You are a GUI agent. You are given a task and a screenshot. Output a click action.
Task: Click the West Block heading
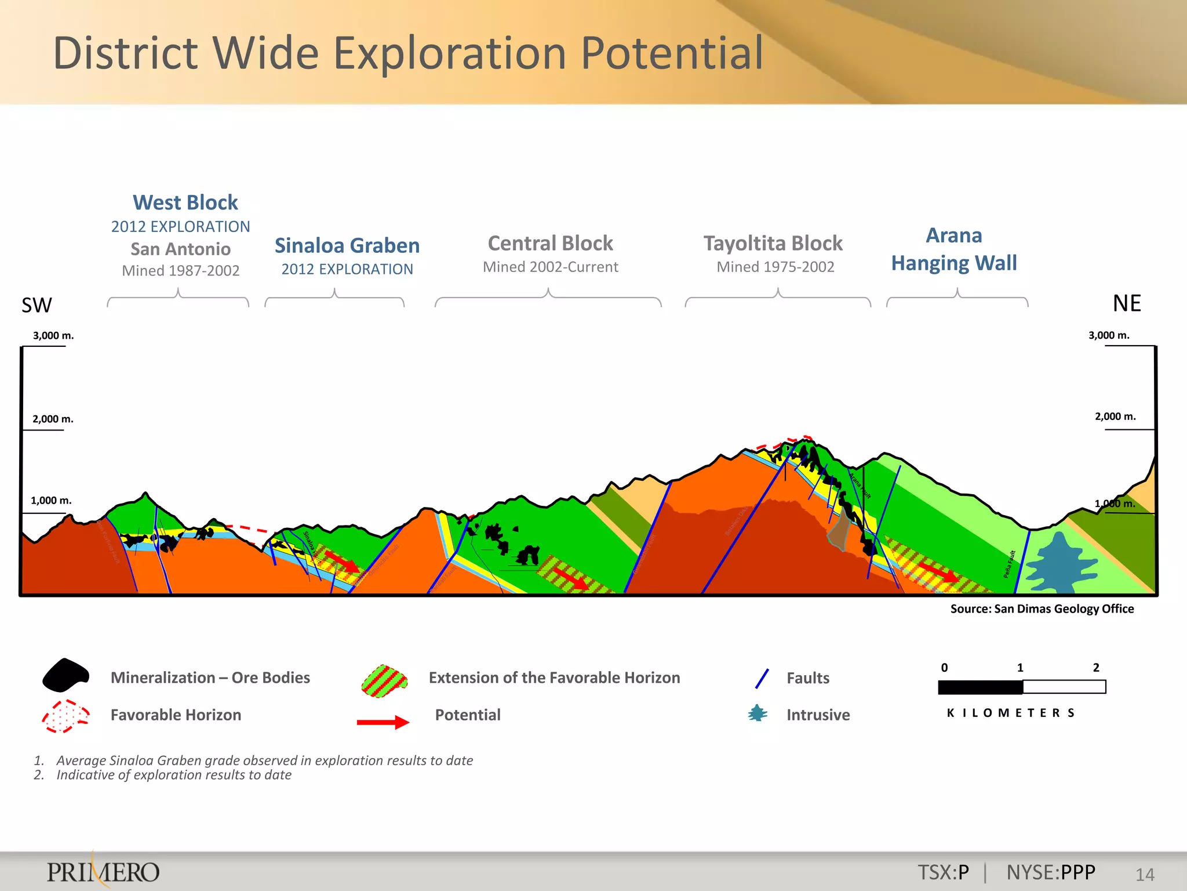185,202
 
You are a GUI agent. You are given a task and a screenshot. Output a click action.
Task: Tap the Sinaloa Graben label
347,245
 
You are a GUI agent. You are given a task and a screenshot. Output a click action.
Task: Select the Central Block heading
550,243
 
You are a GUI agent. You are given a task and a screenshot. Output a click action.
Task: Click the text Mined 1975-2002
775,267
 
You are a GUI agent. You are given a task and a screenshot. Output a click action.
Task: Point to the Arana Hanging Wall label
954,249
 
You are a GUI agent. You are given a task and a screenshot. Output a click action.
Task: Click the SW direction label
37,305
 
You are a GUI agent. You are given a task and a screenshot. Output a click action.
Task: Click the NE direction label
1126,303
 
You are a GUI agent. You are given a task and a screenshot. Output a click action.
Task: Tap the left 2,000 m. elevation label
53,419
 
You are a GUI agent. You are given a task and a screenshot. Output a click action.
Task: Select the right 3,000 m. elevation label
1108,335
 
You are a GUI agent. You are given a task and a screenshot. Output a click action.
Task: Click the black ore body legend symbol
66,675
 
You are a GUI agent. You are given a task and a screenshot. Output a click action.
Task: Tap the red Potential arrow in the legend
383,722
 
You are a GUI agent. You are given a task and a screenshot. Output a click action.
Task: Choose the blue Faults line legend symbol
762,679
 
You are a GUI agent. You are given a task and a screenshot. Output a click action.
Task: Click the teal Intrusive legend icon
758,713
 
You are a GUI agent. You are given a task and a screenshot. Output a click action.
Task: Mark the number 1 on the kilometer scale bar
1020,668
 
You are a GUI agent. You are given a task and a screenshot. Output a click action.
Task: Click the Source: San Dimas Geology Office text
1042,609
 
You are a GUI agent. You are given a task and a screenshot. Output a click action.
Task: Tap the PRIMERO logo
103,872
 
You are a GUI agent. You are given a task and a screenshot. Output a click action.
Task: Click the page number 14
1145,874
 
